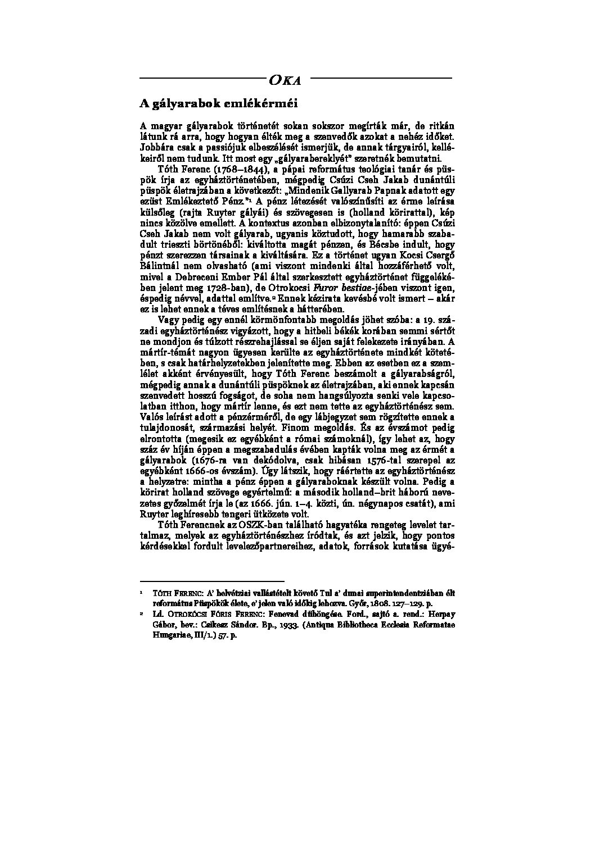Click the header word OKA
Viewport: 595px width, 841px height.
285,80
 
